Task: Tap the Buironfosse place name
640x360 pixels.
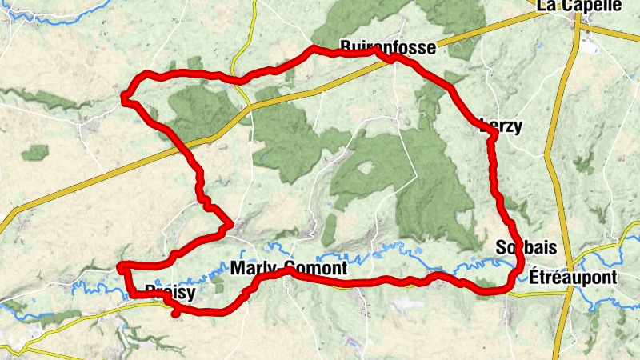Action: [x=388, y=47]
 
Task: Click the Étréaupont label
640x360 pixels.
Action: [x=573, y=278]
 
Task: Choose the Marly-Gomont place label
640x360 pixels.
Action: [x=288, y=268]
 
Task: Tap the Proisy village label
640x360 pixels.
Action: [x=170, y=293]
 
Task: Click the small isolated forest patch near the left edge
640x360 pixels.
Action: [x=35, y=151]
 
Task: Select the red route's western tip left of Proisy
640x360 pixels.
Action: [x=121, y=266]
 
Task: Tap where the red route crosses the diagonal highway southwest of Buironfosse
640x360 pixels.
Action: [x=187, y=146]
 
